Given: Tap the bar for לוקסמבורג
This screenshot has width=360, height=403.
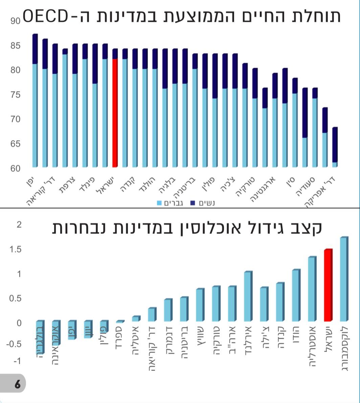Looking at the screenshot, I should [x=343, y=279].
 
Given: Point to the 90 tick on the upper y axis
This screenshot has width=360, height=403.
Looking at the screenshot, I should [x=15, y=21].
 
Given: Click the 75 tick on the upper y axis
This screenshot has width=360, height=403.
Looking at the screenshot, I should [x=15, y=95].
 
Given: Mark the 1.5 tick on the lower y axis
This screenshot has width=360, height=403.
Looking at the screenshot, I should [x=15, y=250].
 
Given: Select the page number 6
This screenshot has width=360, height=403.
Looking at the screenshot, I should [x=17, y=384].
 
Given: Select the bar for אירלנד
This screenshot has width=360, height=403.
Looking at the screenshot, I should [x=248, y=296].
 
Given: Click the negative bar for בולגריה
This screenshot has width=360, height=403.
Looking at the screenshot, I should [x=40, y=337].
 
